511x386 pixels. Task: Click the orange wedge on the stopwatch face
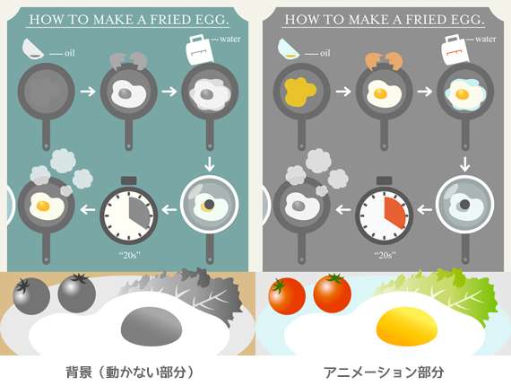(x=394, y=213)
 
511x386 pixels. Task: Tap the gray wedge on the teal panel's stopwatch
(x=139, y=213)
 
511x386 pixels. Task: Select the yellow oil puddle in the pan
(x=299, y=92)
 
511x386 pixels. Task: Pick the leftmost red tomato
(x=287, y=295)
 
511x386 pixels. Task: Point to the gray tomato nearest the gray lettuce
(x=77, y=294)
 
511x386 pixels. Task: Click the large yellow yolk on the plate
(x=407, y=326)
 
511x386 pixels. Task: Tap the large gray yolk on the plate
(x=152, y=326)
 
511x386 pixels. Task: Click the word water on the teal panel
(x=230, y=39)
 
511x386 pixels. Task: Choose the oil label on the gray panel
(x=325, y=53)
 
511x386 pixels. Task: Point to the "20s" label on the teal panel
(x=130, y=255)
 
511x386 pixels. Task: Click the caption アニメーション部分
(x=384, y=373)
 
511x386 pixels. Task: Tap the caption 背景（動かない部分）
(x=130, y=373)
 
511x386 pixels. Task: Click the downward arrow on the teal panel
(x=210, y=163)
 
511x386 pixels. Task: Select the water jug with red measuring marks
(x=455, y=49)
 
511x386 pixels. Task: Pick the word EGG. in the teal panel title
(x=212, y=20)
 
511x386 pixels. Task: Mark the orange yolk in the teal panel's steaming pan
(x=43, y=206)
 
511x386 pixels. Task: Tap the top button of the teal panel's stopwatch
(x=129, y=180)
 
